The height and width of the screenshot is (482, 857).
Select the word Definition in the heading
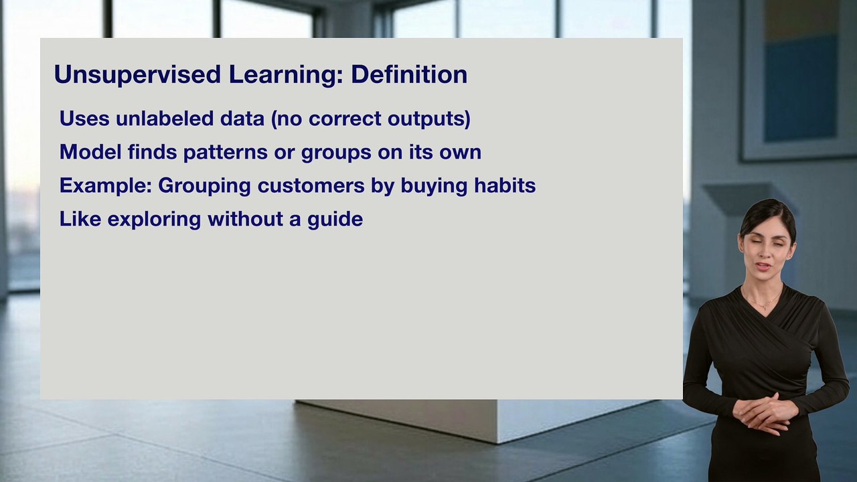409,74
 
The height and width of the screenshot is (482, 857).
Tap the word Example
103,185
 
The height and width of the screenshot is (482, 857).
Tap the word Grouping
205,186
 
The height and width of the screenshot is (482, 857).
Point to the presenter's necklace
763,305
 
